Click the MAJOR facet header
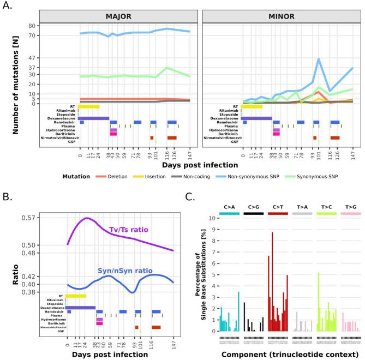(115, 17)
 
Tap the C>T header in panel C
(278, 208)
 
